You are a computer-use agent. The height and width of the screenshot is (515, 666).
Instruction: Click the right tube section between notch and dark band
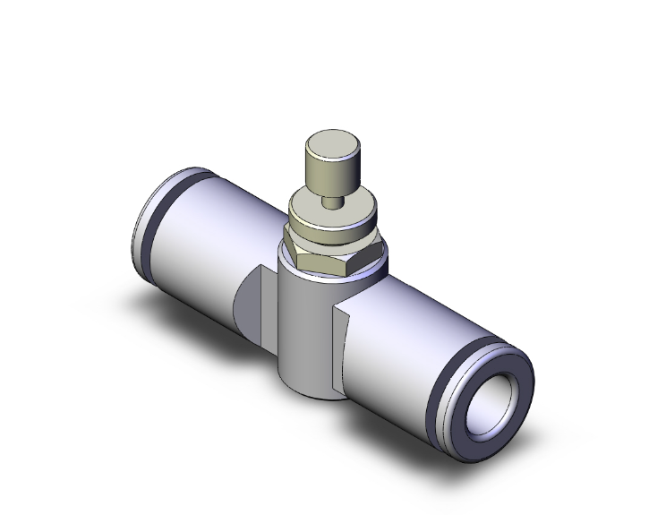pos(403,340)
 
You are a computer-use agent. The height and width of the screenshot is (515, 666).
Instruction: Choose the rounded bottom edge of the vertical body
pos(309,395)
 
